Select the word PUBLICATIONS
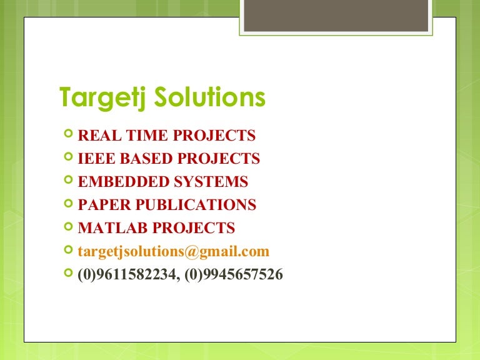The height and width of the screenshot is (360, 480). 195,205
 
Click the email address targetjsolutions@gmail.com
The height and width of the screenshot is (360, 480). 173,251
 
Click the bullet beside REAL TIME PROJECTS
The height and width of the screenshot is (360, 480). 68,135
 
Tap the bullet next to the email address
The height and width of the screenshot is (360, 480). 68,251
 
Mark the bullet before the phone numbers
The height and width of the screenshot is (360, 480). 68,274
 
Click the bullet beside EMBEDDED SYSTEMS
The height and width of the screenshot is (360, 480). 68,181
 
